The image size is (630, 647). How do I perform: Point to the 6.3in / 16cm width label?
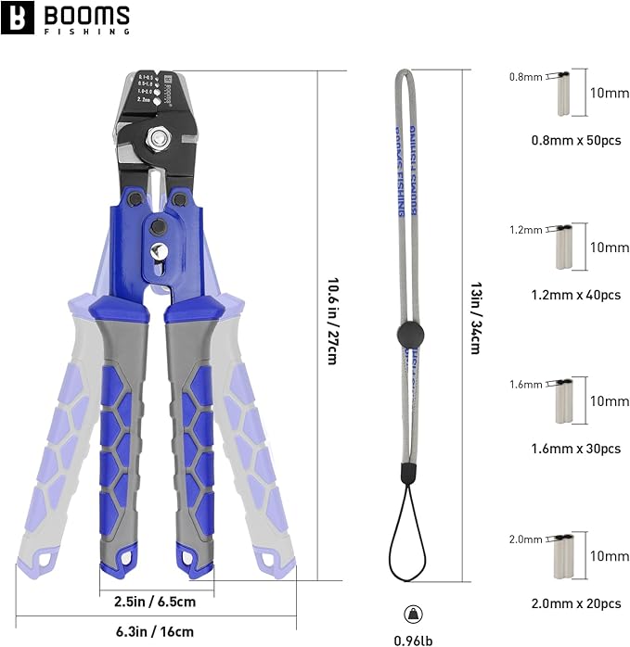[156, 631]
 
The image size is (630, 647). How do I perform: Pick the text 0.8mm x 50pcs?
[563, 140]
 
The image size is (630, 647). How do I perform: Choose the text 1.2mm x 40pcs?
[563, 294]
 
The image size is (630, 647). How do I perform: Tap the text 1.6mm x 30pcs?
[563, 448]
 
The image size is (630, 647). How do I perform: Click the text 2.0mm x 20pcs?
[563, 603]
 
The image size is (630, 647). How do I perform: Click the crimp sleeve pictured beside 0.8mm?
[563, 95]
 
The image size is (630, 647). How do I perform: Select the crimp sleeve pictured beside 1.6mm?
[563, 401]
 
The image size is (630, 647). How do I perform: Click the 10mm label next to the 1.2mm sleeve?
[610, 247]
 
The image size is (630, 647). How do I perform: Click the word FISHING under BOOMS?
[89, 31]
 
